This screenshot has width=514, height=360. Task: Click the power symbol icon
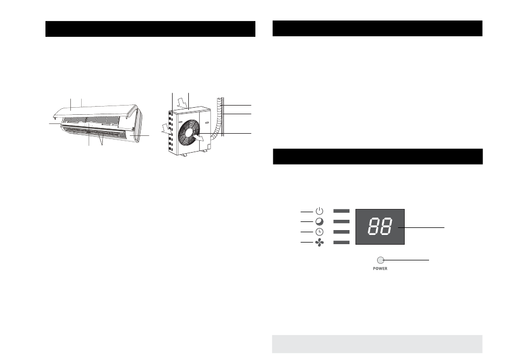[x=319, y=211]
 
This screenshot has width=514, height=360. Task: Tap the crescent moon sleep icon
[x=319, y=221]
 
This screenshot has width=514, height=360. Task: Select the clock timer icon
[x=319, y=232]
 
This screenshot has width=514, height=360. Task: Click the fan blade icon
[x=319, y=243]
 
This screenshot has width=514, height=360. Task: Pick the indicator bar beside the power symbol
[x=341, y=211]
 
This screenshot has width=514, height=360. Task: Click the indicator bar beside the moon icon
[x=341, y=221]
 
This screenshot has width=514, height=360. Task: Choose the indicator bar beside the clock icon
[x=341, y=232]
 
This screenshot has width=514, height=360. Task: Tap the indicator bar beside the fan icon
[x=341, y=243]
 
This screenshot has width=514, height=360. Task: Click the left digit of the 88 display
[x=374, y=227]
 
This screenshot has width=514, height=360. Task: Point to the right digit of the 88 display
[x=386, y=227]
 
